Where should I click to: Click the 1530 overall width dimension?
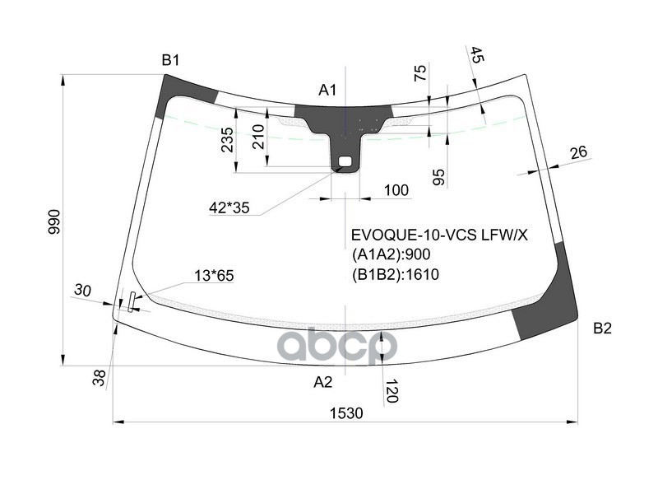[x=346, y=413]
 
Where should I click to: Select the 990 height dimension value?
[x=54, y=221]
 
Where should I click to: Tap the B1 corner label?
[x=170, y=59]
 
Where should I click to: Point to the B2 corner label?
[x=602, y=329]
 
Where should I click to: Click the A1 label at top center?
[x=328, y=90]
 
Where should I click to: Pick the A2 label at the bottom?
[x=322, y=382]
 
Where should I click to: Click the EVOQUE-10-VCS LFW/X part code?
[x=439, y=235]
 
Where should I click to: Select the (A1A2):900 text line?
[x=391, y=254]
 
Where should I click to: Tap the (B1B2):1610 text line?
[x=395, y=274]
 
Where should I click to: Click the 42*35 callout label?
[x=229, y=207]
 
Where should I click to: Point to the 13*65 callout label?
[x=214, y=276]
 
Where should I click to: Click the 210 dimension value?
[x=258, y=136]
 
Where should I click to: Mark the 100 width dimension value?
[x=396, y=191]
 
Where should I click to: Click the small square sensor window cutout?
[x=345, y=161]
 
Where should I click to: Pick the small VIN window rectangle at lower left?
[x=129, y=301]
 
